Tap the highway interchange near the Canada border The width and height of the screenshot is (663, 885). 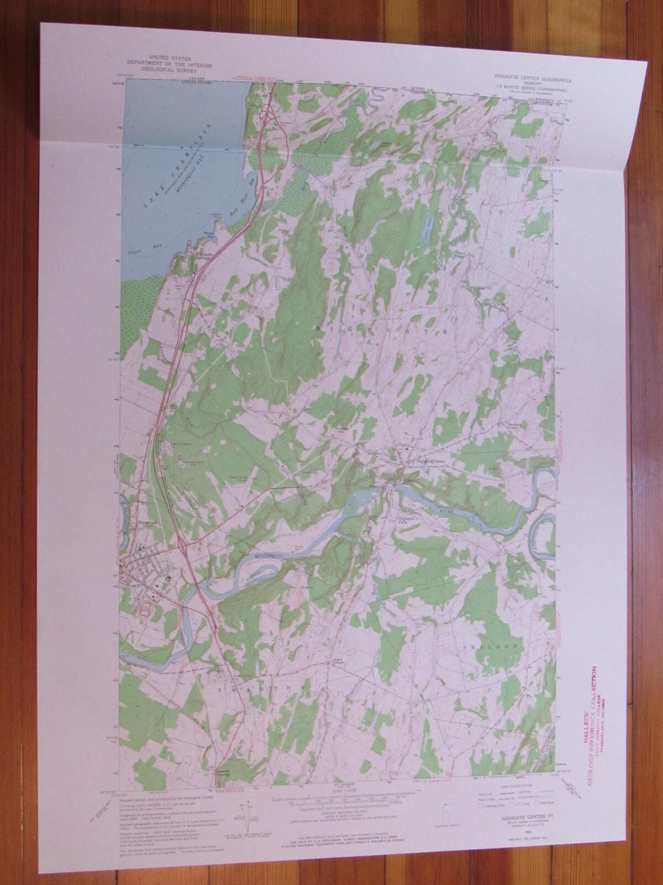[269, 113]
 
